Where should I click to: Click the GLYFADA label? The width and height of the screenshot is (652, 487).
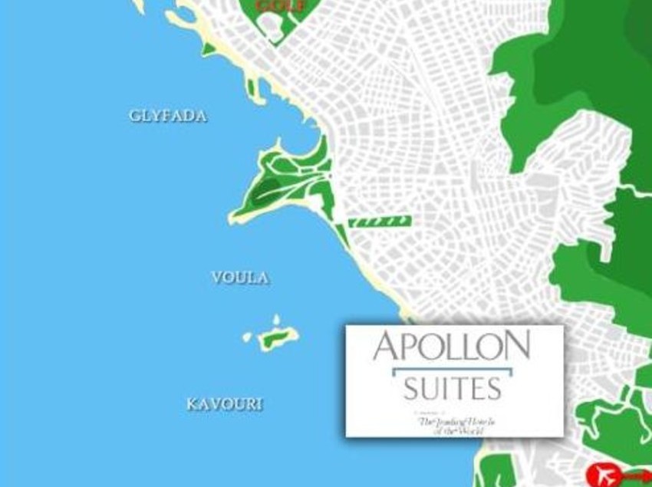tap(168, 117)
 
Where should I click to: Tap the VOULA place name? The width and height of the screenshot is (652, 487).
tap(240, 278)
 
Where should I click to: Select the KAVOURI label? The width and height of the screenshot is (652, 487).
tap(224, 404)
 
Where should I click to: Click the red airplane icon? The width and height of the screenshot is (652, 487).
tap(603, 475)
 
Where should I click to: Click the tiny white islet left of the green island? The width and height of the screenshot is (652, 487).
tap(248, 337)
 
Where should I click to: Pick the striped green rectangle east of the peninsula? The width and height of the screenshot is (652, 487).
tap(380, 222)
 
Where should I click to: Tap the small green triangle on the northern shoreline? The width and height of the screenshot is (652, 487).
tap(208, 50)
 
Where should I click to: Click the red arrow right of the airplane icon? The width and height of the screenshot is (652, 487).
tap(637, 475)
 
